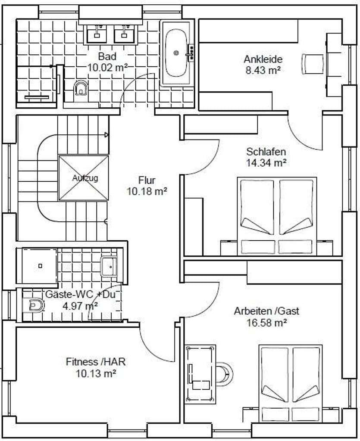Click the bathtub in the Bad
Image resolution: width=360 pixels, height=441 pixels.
(x=176, y=53)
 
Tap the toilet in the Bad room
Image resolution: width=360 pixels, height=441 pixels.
(x=81, y=89)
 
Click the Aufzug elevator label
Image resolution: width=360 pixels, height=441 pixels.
(x=85, y=178)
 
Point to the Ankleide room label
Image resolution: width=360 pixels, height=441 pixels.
(x=263, y=59)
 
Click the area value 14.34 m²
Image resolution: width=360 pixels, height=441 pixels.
(x=266, y=162)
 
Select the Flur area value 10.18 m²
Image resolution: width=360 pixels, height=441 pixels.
(x=147, y=192)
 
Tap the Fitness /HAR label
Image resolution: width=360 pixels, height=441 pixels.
(x=96, y=362)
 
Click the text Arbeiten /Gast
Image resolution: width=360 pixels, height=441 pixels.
(x=266, y=311)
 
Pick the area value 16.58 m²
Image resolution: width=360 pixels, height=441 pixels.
(x=266, y=323)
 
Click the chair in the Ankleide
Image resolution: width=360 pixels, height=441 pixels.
(x=313, y=64)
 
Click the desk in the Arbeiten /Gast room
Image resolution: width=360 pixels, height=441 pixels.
(x=200, y=373)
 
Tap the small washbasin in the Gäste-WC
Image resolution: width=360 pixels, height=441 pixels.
(x=109, y=266)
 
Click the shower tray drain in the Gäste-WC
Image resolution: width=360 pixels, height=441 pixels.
(x=40, y=266)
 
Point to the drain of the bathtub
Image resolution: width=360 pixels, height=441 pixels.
(x=176, y=53)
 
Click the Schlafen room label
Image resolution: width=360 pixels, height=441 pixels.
(x=266, y=152)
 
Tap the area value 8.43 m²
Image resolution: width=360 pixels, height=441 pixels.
(x=263, y=70)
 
